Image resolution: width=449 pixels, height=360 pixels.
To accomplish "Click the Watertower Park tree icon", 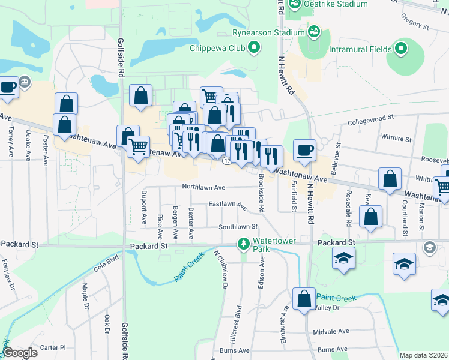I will [243, 244].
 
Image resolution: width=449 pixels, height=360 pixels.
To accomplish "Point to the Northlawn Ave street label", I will [203, 187].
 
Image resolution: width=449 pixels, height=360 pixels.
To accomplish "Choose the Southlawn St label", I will [238, 227].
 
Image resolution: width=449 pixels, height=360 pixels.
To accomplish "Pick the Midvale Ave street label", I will [331, 331].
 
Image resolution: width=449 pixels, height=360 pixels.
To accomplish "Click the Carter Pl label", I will [53, 347].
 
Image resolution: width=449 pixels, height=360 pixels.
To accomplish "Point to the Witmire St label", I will [396, 139].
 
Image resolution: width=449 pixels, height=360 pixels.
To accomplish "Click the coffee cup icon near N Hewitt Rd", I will [304, 150].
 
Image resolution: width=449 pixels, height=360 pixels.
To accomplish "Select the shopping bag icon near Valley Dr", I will [304, 299].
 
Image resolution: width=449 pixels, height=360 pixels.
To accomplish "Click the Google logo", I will [20, 353].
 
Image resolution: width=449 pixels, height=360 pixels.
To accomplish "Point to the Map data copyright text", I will [424, 355].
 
